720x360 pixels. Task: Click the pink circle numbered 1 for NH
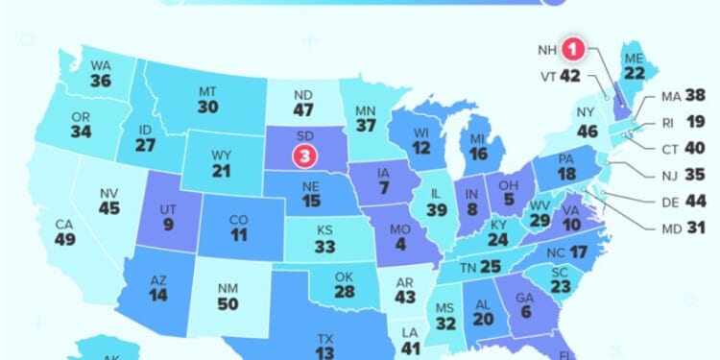[573, 47]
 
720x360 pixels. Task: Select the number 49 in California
[64, 240]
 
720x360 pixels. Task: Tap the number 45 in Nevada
[111, 207]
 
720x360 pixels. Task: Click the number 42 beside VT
[571, 75]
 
